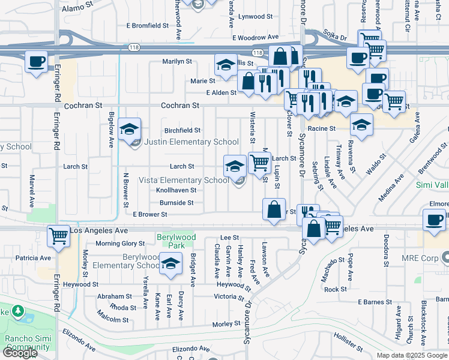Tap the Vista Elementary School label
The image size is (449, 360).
[x=184, y=180]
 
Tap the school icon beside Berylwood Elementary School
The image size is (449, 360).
[x=171, y=265]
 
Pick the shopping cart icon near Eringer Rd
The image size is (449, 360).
[x=58, y=236]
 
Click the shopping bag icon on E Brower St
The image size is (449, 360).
[x=274, y=209]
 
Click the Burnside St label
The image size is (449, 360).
[x=176, y=203]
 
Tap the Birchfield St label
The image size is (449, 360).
[x=182, y=130]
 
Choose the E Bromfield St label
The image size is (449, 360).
[x=148, y=26]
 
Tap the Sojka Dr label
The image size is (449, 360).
[x=336, y=37]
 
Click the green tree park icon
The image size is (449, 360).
[x=18, y=311]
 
